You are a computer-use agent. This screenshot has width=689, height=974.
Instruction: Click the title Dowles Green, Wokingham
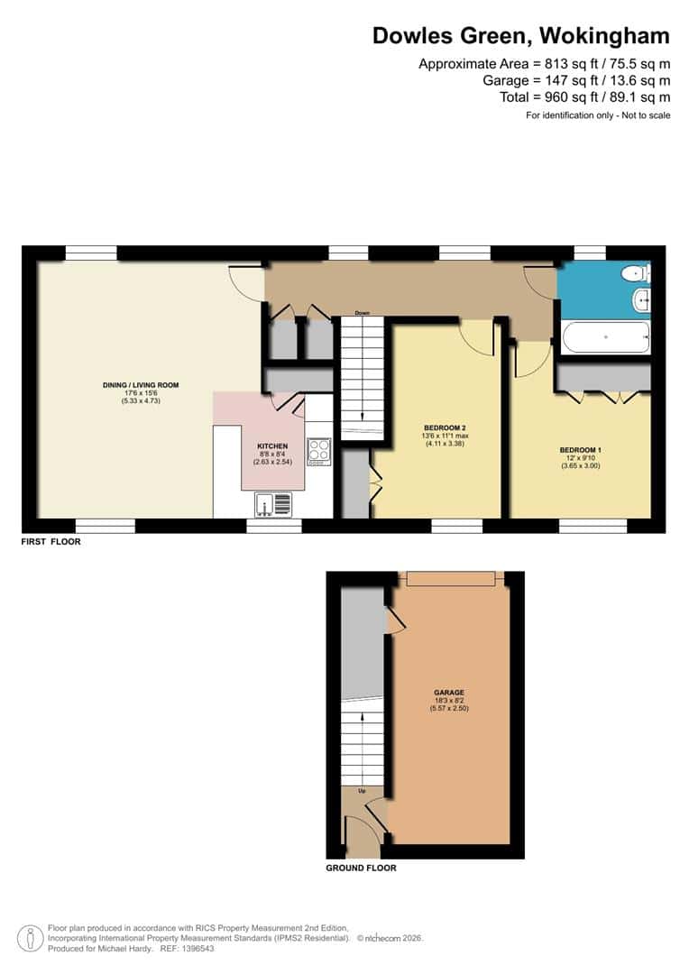point(521,36)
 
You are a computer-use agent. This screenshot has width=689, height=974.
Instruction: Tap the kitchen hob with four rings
point(319,450)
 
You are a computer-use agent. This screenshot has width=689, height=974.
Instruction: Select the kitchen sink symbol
point(271,503)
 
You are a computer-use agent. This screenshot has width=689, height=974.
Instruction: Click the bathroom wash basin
point(641,299)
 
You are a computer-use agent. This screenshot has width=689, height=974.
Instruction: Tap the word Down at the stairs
point(362,313)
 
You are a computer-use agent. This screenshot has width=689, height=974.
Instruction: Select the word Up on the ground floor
point(362,790)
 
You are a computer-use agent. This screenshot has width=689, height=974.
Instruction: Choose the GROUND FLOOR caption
point(361,868)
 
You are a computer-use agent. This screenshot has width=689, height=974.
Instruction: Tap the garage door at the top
point(450,577)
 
